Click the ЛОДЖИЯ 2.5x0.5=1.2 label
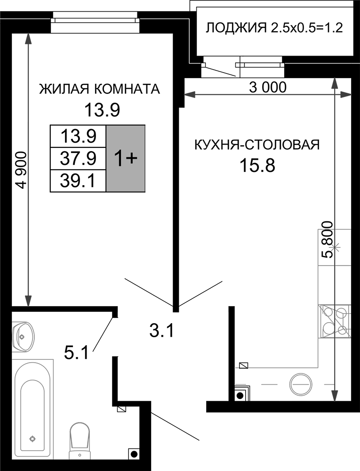pos(274,28)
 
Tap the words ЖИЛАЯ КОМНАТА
pos(100,89)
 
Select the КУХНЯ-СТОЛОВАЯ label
pos(257,145)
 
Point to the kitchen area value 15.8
pos(257,165)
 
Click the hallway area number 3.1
pos(162,331)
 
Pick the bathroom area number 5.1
pos(77,352)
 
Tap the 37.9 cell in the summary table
pos(78,158)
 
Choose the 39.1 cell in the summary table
pos(78,181)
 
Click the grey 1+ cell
pos(126,158)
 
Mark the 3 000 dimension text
pos(268,87)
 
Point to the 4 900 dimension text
pos(22,171)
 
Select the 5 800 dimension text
pos(327,240)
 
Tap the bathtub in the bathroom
pos(32,413)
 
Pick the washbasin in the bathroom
pos(23,336)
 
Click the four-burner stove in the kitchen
pos(335,322)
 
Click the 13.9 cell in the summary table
pos(78,137)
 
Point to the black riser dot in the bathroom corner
pos(134,454)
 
